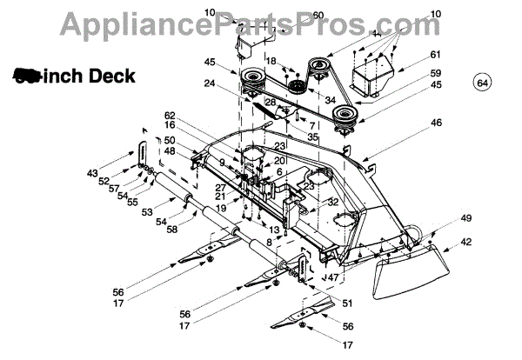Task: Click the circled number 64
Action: pyautogui.click(x=483, y=83)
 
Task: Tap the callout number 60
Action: pyautogui.click(x=293, y=15)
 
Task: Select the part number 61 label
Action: pyautogui.click(x=435, y=54)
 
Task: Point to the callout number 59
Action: pyautogui.click(x=435, y=72)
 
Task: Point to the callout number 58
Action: pyautogui.click(x=172, y=229)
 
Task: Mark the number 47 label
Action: pyautogui.click(x=332, y=277)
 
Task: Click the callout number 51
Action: pyautogui.click(x=348, y=303)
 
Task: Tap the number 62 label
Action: pyautogui.click(x=170, y=116)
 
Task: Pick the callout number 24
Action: pyautogui.click(x=209, y=84)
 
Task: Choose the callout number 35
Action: pyautogui.click(x=311, y=137)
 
